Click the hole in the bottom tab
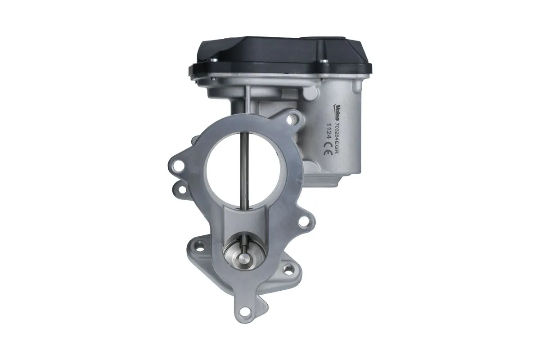[x=244, y=310]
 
